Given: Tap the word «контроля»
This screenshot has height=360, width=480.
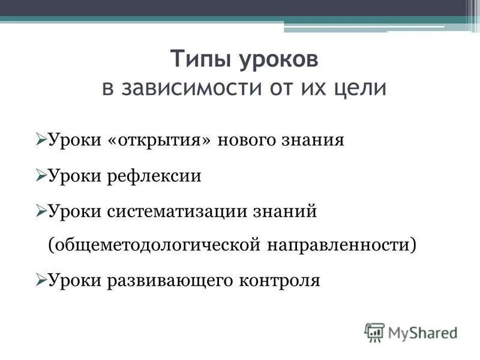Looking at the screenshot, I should coord(281,280).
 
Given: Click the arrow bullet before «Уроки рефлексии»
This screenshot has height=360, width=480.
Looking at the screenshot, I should coord(41,176).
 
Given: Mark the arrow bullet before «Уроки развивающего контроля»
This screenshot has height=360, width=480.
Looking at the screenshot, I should coord(41,280).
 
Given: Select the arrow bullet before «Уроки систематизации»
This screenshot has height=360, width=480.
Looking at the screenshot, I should coord(41,211).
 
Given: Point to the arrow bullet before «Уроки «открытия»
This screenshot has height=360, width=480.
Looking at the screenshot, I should coord(41,140).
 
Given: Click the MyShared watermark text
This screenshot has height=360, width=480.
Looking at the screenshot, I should coord(422,331).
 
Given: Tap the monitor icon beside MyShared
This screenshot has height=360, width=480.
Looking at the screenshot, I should coord(374,331).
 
